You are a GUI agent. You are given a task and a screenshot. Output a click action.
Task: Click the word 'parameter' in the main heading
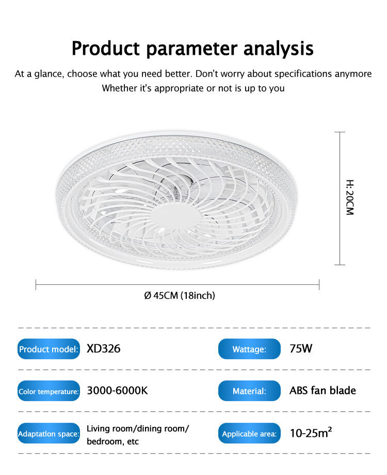[192, 49]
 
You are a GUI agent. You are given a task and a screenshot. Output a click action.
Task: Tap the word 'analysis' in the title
[279, 48]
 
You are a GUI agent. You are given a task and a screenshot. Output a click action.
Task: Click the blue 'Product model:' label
[49, 349]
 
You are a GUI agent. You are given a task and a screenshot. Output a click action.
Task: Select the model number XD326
[103, 349]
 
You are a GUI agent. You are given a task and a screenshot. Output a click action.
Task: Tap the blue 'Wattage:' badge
[249, 349]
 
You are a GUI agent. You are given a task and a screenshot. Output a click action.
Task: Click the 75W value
[301, 349]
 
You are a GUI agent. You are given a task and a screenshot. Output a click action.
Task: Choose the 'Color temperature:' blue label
[49, 391]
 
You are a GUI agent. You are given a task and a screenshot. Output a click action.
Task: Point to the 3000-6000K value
[117, 390]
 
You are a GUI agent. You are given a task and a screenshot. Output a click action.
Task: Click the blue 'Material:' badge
[249, 391]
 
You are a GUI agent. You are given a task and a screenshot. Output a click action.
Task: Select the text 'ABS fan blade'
[322, 390]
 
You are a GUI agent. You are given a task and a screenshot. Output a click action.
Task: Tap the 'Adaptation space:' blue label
[49, 433]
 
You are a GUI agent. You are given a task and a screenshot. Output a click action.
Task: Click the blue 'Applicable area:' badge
[249, 433]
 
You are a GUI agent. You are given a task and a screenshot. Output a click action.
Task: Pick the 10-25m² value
[311, 433]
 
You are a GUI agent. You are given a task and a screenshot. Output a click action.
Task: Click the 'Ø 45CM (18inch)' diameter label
[180, 295]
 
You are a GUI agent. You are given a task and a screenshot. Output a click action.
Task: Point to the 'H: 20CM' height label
[350, 197]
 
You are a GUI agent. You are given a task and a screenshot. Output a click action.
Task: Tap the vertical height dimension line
[340, 198]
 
